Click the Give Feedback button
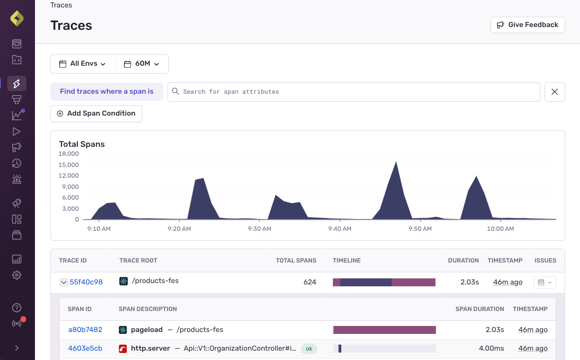[527, 25]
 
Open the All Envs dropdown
[83, 64]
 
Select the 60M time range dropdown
[142, 64]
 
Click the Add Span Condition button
[96, 114]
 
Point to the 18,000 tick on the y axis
[69, 154]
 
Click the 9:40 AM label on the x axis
[339, 228]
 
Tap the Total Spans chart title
[82, 144]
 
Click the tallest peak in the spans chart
[396, 163]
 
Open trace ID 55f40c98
[86, 282]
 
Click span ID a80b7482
[85, 330]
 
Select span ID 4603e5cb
[85, 348]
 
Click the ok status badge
[309, 348]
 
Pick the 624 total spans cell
[310, 282]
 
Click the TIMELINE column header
[346, 261]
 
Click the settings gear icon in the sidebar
[17, 275]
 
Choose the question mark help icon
[17, 308]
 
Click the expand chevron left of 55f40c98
[64, 282]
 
